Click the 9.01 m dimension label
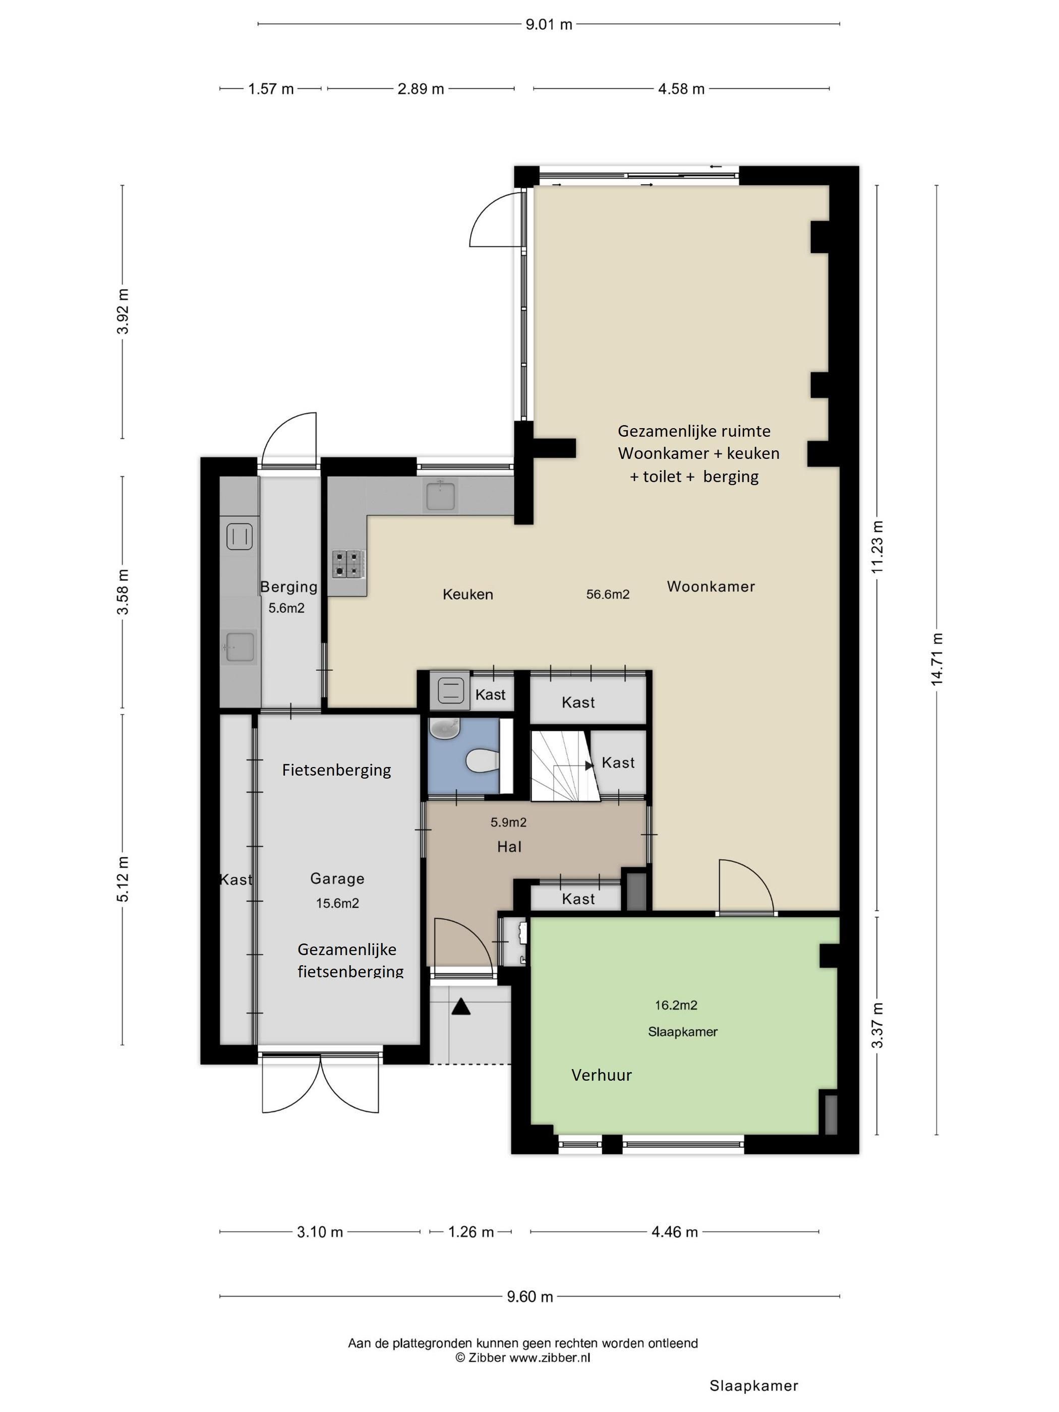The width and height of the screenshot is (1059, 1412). click(548, 25)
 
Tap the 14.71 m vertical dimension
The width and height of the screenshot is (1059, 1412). click(936, 660)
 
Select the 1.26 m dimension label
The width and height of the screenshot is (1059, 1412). click(470, 1232)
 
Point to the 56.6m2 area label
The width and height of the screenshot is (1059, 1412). click(608, 594)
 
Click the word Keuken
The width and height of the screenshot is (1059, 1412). click(468, 594)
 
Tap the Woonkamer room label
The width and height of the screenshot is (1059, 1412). click(711, 586)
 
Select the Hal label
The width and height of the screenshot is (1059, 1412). click(509, 846)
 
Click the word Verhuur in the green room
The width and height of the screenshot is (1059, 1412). click(601, 1075)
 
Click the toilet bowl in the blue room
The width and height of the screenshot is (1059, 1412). click(482, 761)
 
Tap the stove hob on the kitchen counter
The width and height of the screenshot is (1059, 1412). click(348, 564)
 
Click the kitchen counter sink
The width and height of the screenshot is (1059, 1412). click(440, 496)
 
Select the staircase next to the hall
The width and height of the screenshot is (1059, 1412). click(564, 766)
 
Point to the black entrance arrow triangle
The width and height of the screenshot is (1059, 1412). click(461, 1007)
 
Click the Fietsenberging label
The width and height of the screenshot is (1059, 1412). click(336, 771)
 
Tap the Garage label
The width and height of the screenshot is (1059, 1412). click(337, 878)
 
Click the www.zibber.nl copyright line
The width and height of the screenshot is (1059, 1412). click(522, 1358)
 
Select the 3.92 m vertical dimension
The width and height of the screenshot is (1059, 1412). click(123, 312)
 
